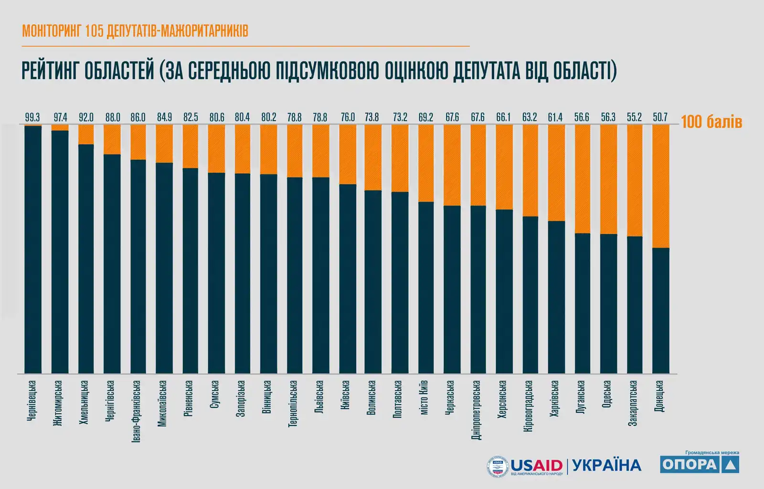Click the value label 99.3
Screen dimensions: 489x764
pyautogui.click(x=33, y=117)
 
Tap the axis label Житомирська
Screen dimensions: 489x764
pyautogui.click(x=59, y=403)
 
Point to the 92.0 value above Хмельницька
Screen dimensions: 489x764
pyautogui.click(x=85, y=117)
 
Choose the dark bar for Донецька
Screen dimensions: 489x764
pyautogui.click(x=661, y=310)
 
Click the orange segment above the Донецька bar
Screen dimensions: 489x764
pyautogui.click(x=661, y=186)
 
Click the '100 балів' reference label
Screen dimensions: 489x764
pyautogui.click(x=711, y=122)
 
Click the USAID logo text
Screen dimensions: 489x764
pyautogui.click(x=536, y=465)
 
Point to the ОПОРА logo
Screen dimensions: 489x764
pyautogui.click(x=700, y=464)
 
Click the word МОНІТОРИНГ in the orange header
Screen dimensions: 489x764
pyautogui.click(x=52, y=31)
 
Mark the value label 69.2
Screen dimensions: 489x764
pyautogui.click(x=425, y=117)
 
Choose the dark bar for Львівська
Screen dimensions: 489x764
pyautogui.click(x=321, y=275)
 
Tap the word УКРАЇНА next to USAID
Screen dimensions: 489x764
pyautogui.click(x=606, y=465)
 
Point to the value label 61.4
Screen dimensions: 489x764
pyautogui.click(x=555, y=117)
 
